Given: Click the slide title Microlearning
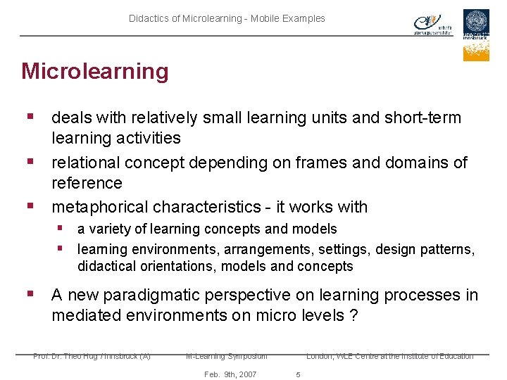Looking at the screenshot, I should [x=95, y=71].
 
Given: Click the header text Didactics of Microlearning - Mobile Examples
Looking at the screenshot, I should [x=227, y=18].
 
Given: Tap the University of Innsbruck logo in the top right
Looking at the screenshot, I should [x=476, y=34].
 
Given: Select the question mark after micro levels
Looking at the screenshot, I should [x=353, y=315].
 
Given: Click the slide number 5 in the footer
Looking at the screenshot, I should [x=298, y=374].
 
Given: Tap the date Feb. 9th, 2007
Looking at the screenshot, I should [x=230, y=374].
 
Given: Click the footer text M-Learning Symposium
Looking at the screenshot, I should [x=227, y=356].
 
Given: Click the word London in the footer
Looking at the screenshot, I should [x=320, y=356].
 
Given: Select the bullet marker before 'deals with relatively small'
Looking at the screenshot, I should [x=30, y=116].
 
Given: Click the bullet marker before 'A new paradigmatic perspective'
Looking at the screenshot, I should [x=30, y=293].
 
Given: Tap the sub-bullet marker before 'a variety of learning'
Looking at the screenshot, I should [x=62, y=228].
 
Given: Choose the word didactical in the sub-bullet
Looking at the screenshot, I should [x=106, y=266].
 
